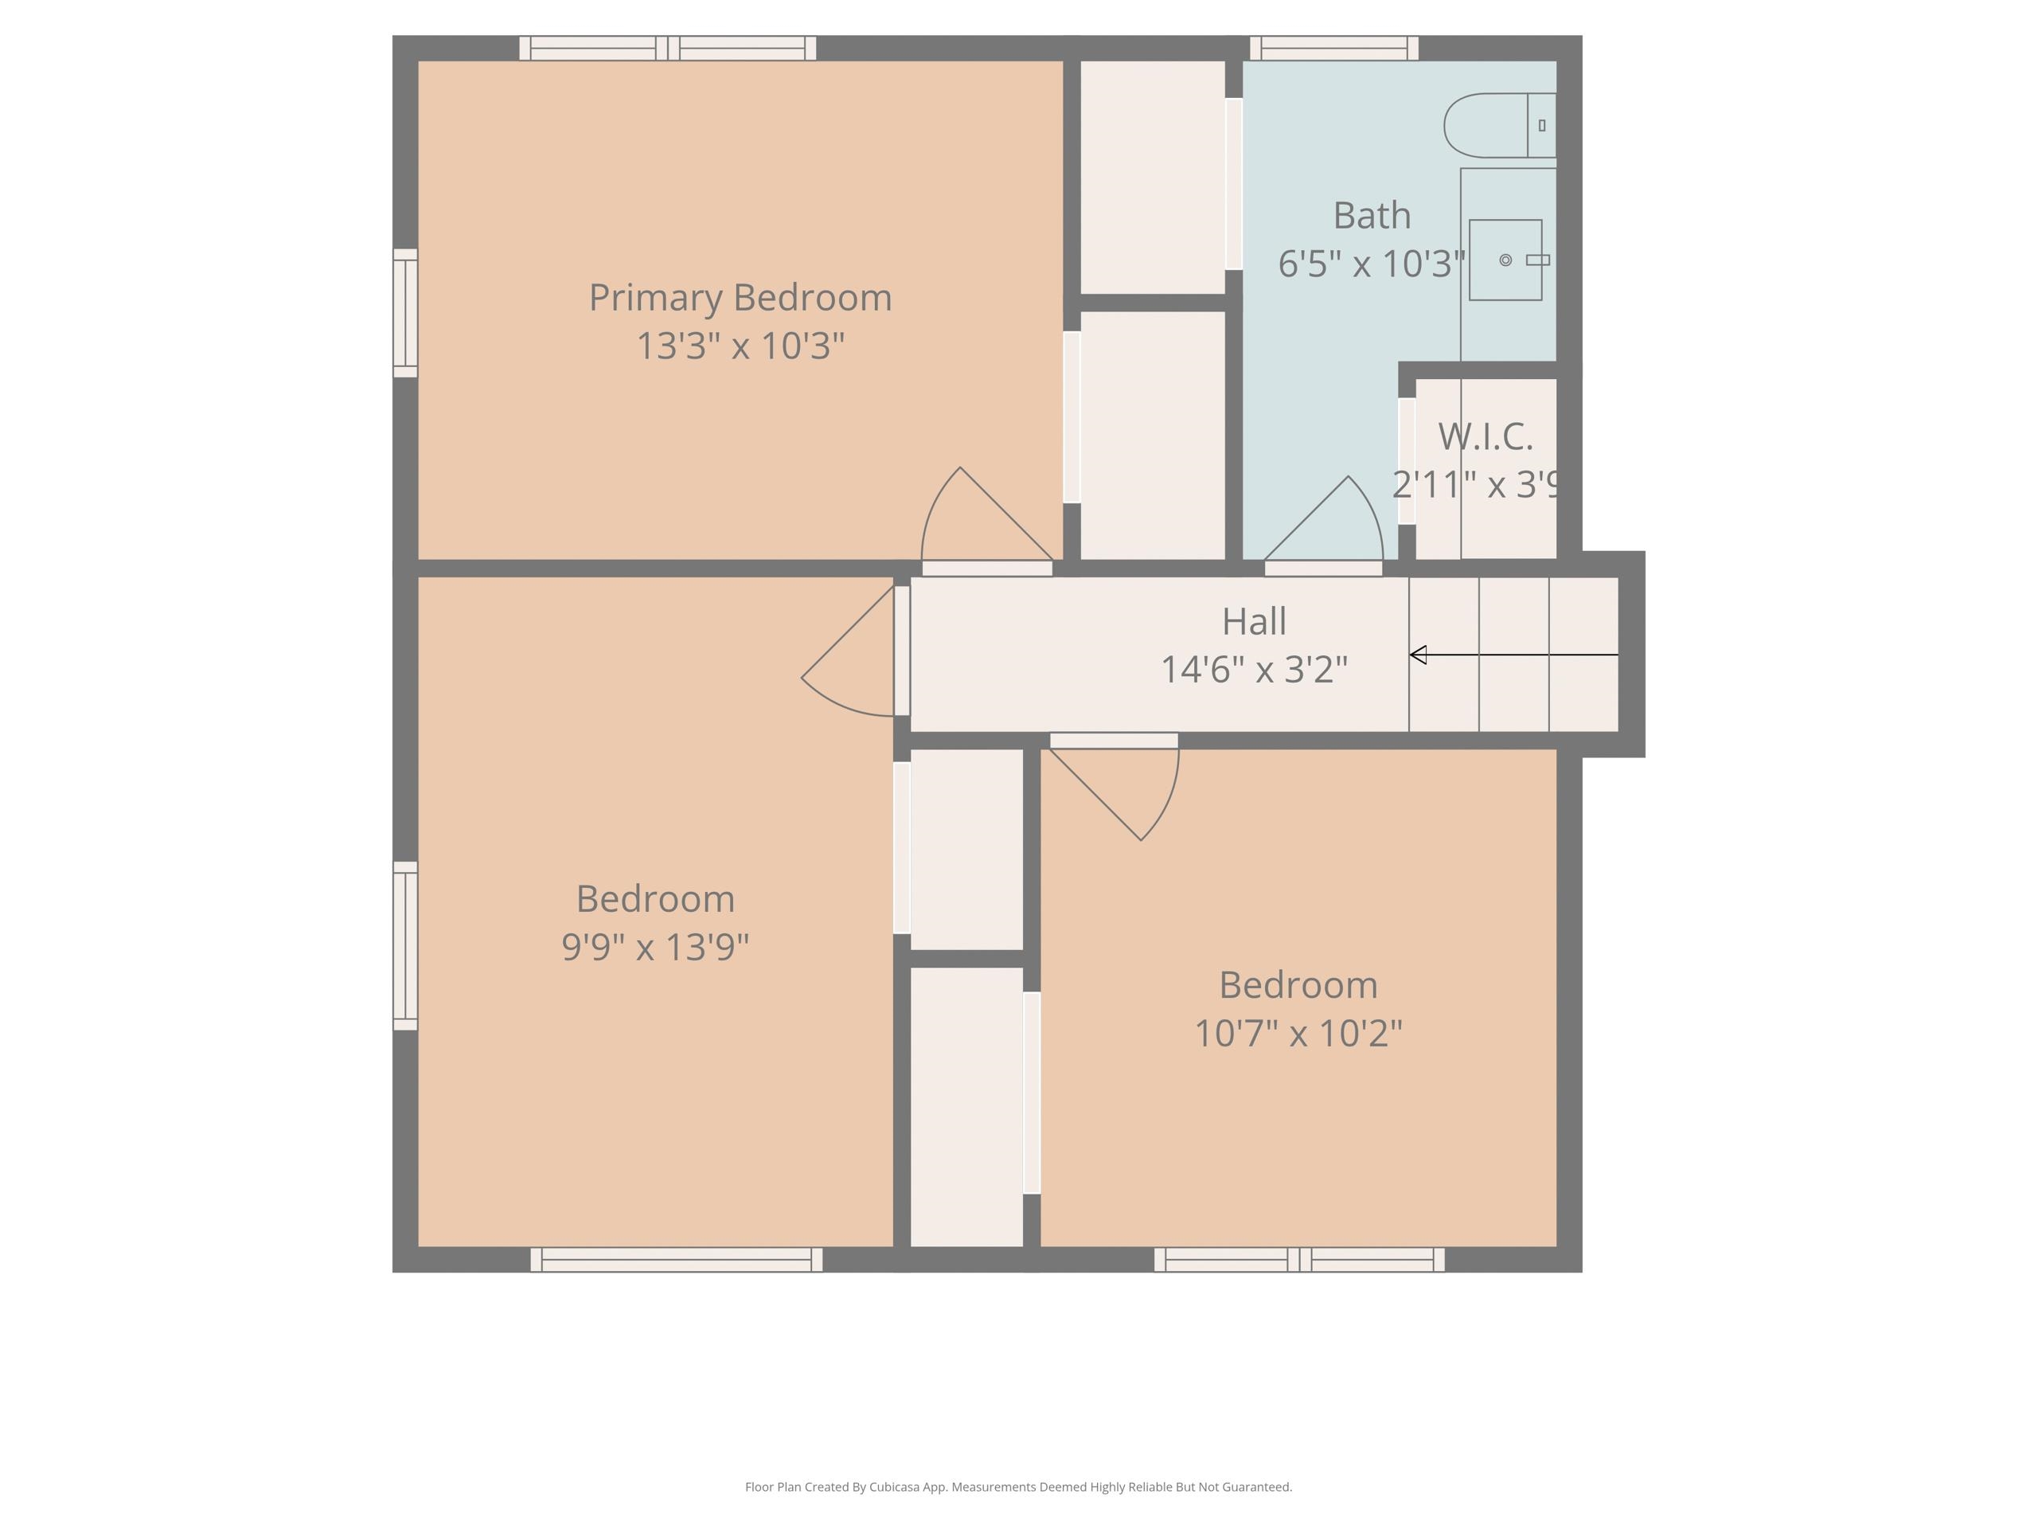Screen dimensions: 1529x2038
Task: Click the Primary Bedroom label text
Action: click(x=740, y=298)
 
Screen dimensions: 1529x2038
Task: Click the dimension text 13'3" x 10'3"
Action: click(x=740, y=346)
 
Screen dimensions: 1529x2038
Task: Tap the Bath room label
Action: click(x=1371, y=216)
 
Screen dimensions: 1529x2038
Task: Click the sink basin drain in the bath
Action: click(x=1505, y=260)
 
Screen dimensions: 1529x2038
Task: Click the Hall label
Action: click(x=1253, y=621)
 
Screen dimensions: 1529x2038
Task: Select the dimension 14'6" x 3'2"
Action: click(x=1253, y=670)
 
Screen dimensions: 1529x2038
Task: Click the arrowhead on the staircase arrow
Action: click(x=1418, y=655)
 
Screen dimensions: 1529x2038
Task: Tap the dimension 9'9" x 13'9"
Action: click(x=655, y=947)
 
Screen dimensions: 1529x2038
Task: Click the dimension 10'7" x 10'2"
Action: click(x=1298, y=1033)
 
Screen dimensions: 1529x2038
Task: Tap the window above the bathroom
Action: click(x=1333, y=48)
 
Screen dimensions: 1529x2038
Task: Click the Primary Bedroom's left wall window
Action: click(x=405, y=312)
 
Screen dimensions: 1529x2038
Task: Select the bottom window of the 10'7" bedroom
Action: click(x=1298, y=1259)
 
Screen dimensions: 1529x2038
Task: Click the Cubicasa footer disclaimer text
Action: click(x=1018, y=1486)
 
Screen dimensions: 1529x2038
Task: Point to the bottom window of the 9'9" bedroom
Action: click(x=675, y=1259)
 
